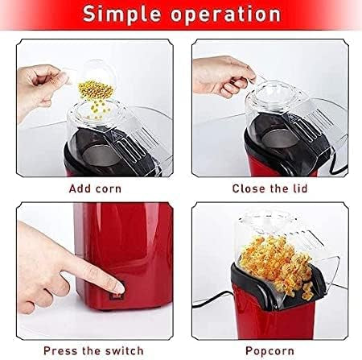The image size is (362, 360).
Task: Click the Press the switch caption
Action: (94, 350)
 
